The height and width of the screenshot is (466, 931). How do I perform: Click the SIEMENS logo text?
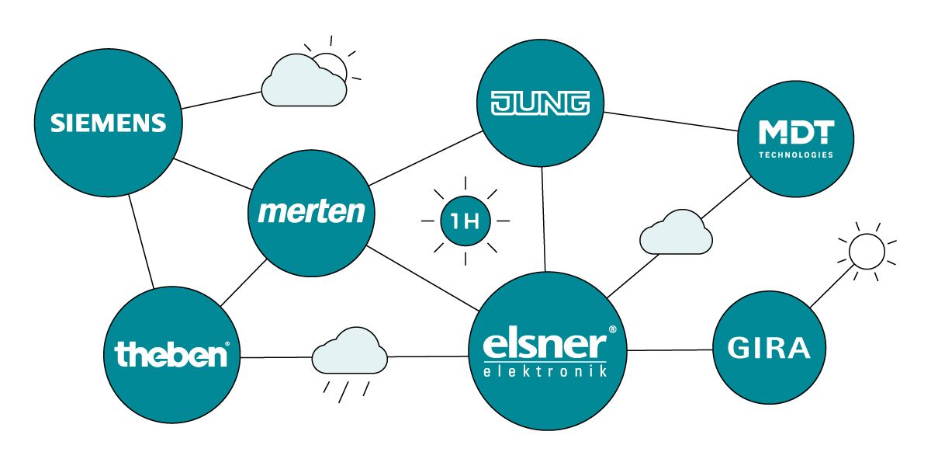click(x=109, y=123)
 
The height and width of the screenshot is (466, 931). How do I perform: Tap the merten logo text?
click(x=311, y=211)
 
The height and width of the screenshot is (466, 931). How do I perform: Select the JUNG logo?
click(x=541, y=103)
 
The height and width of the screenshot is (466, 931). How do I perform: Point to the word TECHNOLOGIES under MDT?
click(x=795, y=155)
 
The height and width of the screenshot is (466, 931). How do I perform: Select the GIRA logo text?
click(x=769, y=349)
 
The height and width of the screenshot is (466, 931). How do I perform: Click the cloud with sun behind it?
click(x=304, y=82)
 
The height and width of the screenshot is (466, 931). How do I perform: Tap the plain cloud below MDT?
click(x=676, y=233)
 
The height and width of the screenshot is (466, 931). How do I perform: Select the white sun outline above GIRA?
click(x=866, y=251)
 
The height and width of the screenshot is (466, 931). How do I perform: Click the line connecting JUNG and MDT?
click(x=671, y=122)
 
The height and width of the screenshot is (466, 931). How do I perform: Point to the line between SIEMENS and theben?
click(x=142, y=241)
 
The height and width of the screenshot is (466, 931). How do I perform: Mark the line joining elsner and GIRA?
click(x=670, y=350)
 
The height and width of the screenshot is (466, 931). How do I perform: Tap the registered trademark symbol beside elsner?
click(x=612, y=329)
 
